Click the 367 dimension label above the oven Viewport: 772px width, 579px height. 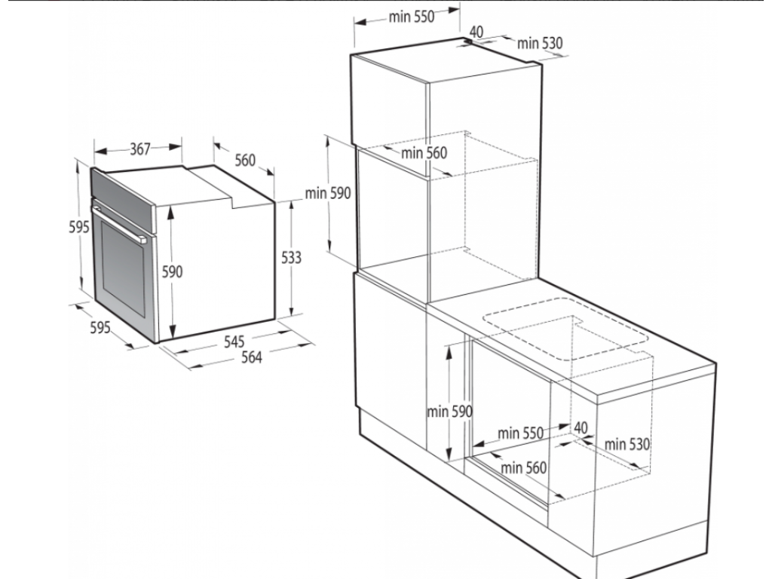[x=139, y=149]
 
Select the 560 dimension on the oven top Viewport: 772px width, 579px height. [x=245, y=160]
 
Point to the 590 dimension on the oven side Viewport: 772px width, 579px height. [x=173, y=272]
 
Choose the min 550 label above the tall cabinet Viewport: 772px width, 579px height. [x=412, y=17]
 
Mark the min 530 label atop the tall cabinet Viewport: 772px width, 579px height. [x=540, y=43]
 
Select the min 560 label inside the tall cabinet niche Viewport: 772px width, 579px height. [x=424, y=153]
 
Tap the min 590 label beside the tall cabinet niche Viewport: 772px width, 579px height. [x=328, y=194]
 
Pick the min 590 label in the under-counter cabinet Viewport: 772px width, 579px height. [x=449, y=412]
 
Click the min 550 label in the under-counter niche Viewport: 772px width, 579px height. [x=520, y=433]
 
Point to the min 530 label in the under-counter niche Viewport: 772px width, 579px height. [x=626, y=444]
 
